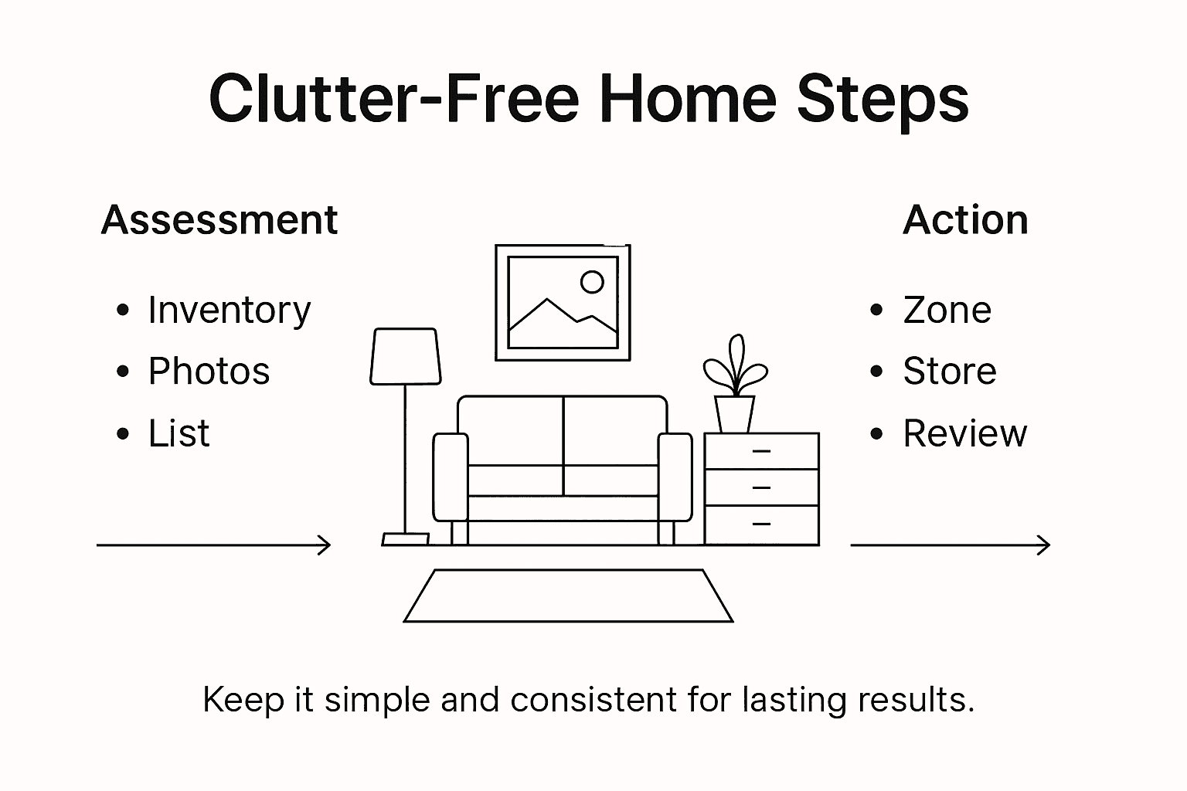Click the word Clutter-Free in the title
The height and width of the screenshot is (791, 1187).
393,100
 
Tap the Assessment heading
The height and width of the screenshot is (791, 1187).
219,220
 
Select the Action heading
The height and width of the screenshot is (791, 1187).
965,220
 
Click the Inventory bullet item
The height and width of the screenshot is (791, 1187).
229,311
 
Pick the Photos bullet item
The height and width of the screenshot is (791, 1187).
209,372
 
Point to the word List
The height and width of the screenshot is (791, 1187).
179,433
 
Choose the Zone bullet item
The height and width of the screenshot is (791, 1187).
947,311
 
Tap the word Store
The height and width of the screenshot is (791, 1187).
949,372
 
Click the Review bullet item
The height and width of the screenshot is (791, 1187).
964,433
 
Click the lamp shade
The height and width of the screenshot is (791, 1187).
406,356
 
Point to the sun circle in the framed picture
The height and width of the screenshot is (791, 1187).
592,282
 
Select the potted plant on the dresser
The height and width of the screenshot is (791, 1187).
735,386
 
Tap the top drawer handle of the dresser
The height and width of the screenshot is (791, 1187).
761,451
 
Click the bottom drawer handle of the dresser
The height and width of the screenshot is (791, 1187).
761,525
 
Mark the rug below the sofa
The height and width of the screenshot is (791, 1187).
568,596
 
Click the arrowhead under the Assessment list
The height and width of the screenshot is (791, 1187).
325,545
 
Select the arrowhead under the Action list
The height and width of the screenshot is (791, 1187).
1044,545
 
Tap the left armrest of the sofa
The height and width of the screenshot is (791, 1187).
451,477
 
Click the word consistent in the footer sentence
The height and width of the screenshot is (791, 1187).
593,700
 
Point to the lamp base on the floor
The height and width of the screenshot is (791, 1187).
406,539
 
